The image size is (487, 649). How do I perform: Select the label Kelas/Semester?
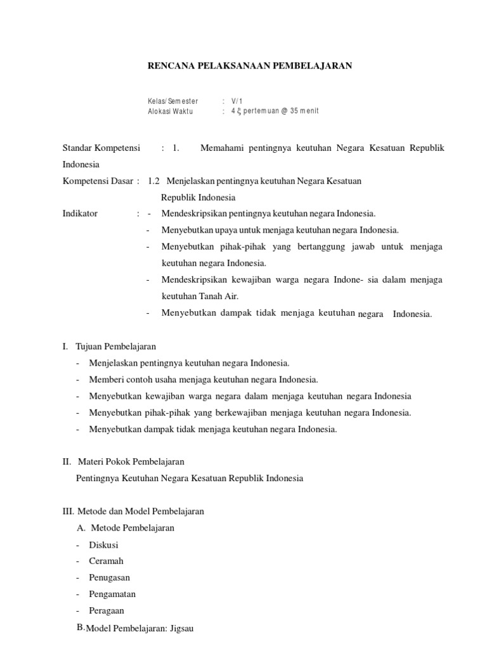pyautogui.click(x=172, y=101)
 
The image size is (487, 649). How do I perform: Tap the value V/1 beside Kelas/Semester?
pyautogui.click(x=237, y=101)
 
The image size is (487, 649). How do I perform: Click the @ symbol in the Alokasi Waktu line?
pyautogui.click(x=284, y=111)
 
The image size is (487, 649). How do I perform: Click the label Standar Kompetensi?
pyautogui.click(x=101, y=148)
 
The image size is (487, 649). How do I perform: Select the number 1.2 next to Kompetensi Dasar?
pyautogui.click(x=153, y=181)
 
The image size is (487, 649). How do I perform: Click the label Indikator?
pyautogui.click(x=80, y=214)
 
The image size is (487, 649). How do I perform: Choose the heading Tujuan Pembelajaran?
pyautogui.click(x=115, y=347)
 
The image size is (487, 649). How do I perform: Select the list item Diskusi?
pyautogui.click(x=104, y=544)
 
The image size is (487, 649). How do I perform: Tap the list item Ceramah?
pyautogui.click(x=107, y=561)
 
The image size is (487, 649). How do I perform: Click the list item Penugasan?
pyautogui.click(x=110, y=577)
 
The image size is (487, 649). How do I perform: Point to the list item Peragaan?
pyautogui.click(x=107, y=610)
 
